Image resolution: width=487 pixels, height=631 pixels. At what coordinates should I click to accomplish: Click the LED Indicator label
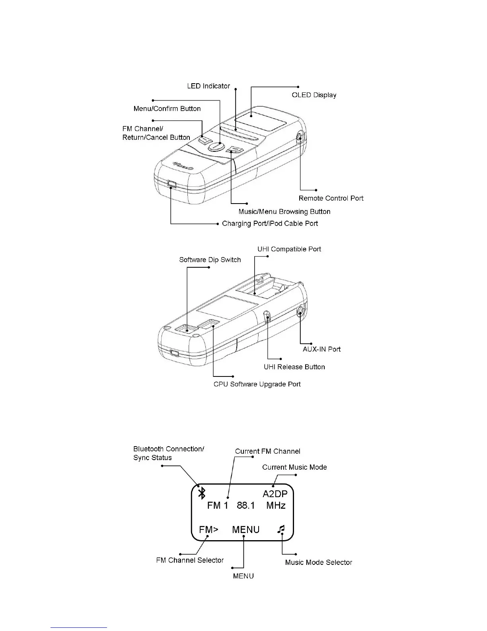point(208,86)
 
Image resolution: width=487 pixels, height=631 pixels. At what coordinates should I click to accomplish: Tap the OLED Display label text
point(314,95)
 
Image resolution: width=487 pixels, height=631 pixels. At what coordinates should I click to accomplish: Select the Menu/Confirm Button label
point(167,109)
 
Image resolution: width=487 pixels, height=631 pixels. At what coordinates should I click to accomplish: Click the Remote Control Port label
point(331,198)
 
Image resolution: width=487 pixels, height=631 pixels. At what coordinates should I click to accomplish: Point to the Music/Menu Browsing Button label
point(284,212)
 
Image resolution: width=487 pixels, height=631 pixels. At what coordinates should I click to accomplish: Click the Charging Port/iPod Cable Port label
point(270,223)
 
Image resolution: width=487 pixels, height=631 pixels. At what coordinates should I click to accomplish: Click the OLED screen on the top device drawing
point(260,119)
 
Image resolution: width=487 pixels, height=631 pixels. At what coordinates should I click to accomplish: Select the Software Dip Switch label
point(210,260)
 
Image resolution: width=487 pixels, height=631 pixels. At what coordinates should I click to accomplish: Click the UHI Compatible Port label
point(289,249)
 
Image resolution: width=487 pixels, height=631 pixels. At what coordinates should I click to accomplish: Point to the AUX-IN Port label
point(321,349)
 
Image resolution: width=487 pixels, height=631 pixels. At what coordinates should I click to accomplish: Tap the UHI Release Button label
point(294,367)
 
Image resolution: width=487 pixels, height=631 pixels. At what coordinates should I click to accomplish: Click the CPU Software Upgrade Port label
point(257,384)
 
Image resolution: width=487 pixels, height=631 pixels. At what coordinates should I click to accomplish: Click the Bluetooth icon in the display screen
point(202,494)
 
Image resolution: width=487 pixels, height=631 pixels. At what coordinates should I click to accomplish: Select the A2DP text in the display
point(275,494)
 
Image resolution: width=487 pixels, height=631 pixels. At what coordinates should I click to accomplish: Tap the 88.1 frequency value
point(245,506)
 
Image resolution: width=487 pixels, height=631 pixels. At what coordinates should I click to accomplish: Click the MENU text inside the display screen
point(245,529)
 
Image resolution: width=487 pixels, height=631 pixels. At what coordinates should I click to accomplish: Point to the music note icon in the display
point(281,529)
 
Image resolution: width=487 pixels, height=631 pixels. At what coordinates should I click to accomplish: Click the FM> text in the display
point(208,529)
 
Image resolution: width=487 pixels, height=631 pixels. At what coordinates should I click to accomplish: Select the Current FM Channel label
point(267,451)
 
